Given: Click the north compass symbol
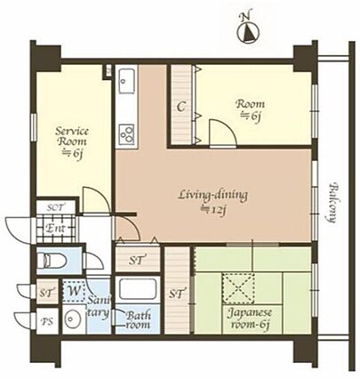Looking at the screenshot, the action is pyautogui.click(x=248, y=31).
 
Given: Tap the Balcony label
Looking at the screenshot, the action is pyautogui.click(x=333, y=203).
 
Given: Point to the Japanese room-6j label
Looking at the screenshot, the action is pyautogui.click(x=250, y=319).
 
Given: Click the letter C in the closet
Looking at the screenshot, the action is pyautogui.click(x=181, y=107).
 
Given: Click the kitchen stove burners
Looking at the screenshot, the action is pyautogui.click(x=127, y=134).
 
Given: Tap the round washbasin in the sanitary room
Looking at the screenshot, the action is pyautogui.click(x=73, y=319).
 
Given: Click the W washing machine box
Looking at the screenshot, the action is pyautogui.click(x=74, y=291).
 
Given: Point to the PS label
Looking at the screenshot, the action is pyautogui.click(x=47, y=321).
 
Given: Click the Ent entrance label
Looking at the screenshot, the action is pyautogui.click(x=55, y=229).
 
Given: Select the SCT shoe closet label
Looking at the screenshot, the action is pyautogui.click(x=57, y=207).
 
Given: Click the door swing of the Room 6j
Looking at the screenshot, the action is pyautogui.click(x=223, y=133).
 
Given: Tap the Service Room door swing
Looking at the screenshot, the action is pyautogui.click(x=96, y=199).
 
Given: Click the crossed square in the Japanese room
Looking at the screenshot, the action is pyautogui.click(x=239, y=288).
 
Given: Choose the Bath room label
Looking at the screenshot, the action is pyautogui.click(x=138, y=319).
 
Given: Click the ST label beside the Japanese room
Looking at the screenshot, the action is pyautogui.click(x=178, y=294).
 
